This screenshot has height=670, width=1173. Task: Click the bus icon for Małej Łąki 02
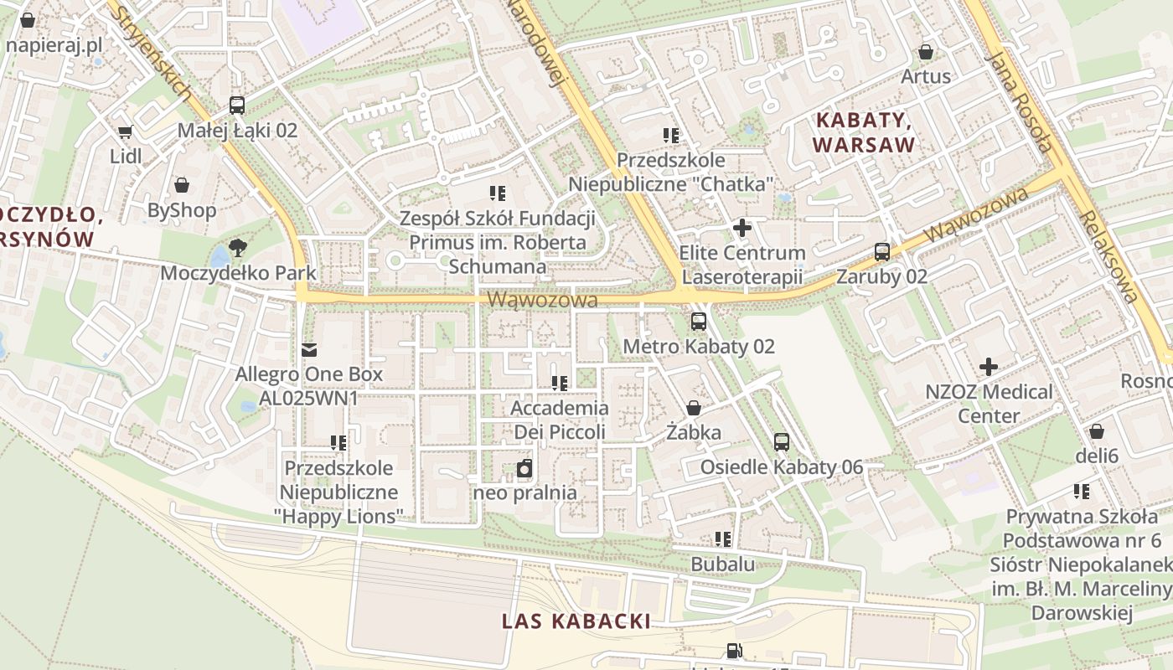[237, 106]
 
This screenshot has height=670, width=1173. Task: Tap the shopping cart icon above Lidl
[126, 131]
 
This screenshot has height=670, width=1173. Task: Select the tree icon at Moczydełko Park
[238, 247]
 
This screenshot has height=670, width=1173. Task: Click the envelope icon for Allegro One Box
[308, 349]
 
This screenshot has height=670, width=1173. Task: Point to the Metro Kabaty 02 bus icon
[699, 322]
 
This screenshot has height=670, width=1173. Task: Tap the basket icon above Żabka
[694, 409]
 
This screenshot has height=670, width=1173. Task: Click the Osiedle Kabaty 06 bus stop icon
[782, 442]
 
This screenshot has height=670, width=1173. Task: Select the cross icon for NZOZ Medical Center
[989, 367]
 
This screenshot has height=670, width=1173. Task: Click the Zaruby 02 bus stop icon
[882, 251]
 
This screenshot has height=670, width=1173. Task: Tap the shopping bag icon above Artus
[926, 52]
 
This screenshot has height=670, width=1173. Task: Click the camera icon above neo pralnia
[524, 468]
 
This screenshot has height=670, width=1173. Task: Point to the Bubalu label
[722, 564]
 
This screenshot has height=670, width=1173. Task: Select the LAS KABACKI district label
[576, 621]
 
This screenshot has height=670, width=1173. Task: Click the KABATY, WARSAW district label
[864, 132]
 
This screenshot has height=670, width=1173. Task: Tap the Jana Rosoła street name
[1018, 101]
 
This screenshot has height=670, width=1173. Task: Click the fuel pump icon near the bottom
[734, 651]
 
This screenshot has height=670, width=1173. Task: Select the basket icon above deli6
[1097, 432]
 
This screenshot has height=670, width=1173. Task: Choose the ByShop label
[182, 210]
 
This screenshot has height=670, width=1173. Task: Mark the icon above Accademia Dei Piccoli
[559, 384]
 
